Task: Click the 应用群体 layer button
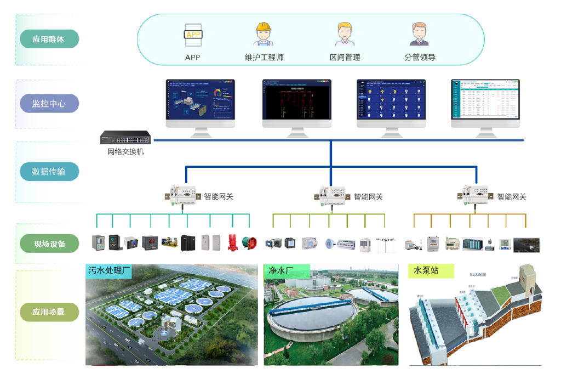[x=49, y=39]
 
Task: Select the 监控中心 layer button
[x=49, y=103]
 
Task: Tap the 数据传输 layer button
[x=49, y=172]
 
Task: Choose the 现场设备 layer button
[x=49, y=243]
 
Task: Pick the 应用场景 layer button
[x=49, y=312]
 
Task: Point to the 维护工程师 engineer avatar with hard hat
[x=264, y=34]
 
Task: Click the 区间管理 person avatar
[x=345, y=34]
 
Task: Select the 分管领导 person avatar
[x=419, y=34]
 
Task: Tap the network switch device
[x=125, y=137]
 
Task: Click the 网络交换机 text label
[x=125, y=151]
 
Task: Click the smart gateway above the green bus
[x=330, y=195]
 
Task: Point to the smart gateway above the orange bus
[x=474, y=195]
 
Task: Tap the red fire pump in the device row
[x=232, y=242]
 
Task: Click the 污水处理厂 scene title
[x=110, y=270]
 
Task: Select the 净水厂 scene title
[x=281, y=270]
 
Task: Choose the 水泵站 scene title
[x=426, y=270]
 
